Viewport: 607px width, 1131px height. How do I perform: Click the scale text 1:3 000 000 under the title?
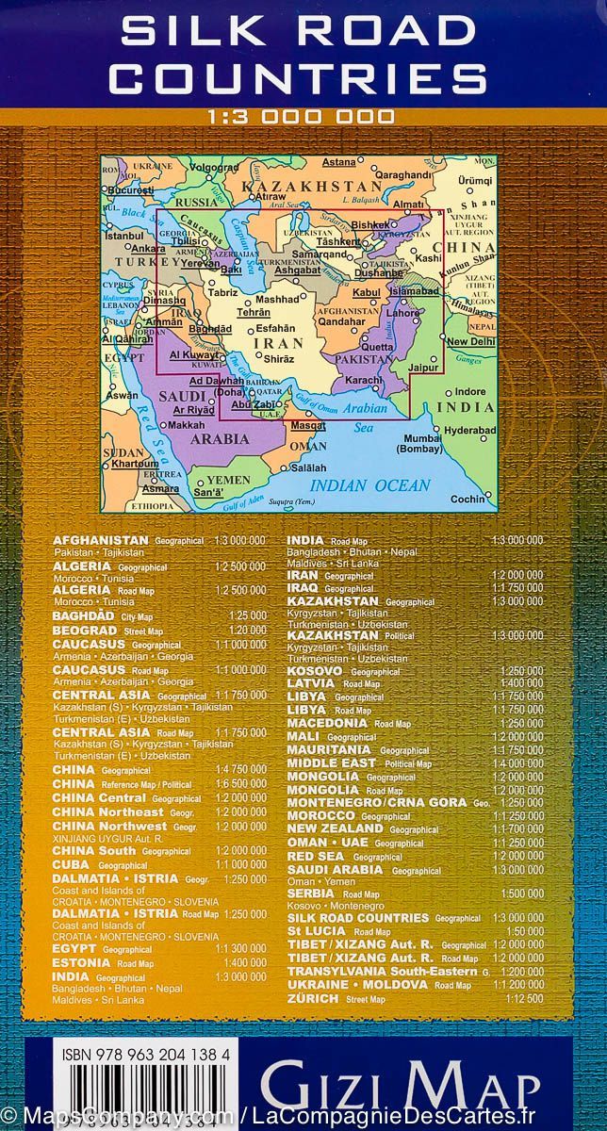point(303,117)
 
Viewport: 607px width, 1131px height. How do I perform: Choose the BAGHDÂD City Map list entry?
point(85,615)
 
